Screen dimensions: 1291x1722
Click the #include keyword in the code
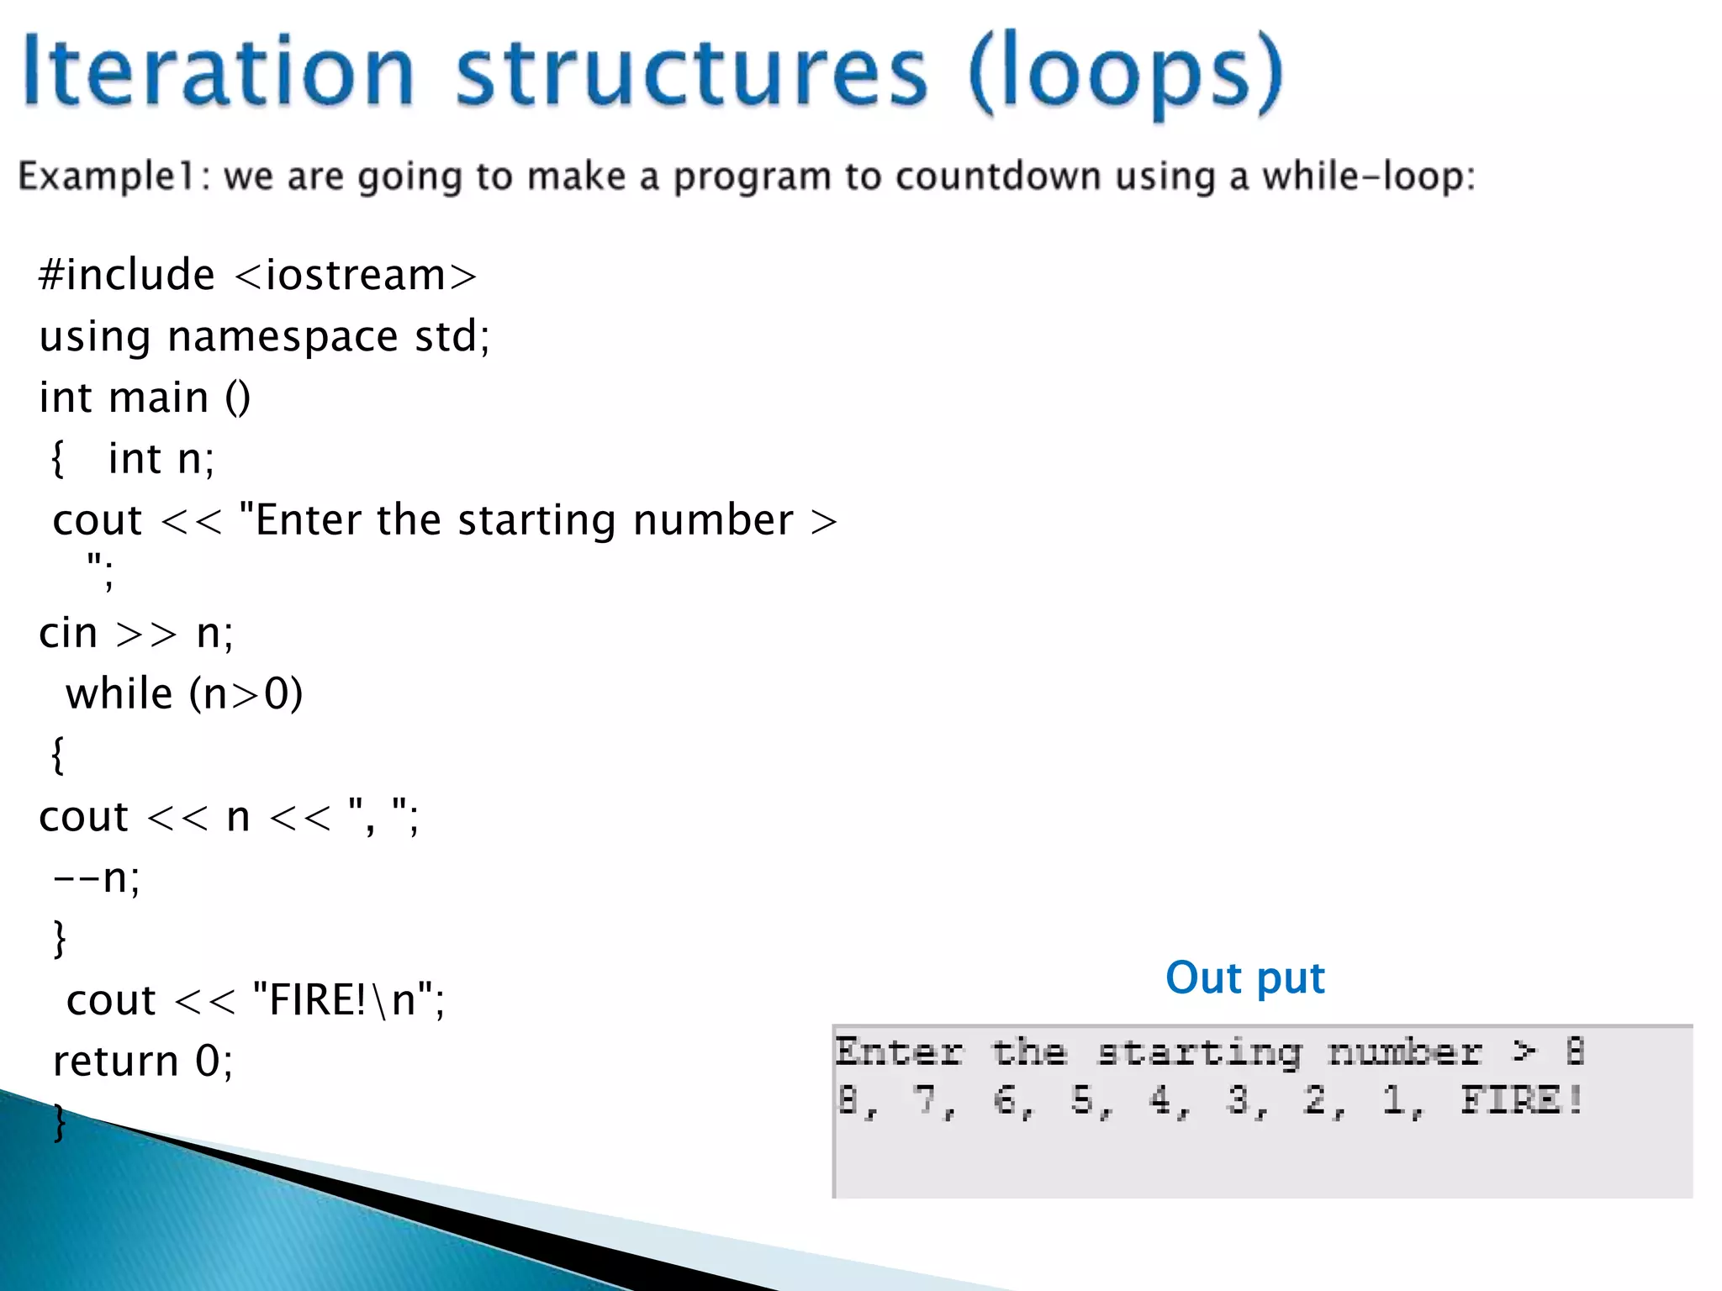coord(127,276)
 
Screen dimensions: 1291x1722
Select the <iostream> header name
coord(356,276)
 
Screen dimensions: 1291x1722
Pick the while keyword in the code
coord(119,694)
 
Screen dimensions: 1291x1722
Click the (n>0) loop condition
coord(246,694)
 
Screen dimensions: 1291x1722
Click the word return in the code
coord(115,1062)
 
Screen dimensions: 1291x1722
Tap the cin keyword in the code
coord(68,633)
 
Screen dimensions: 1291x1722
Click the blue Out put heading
coord(1244,977)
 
